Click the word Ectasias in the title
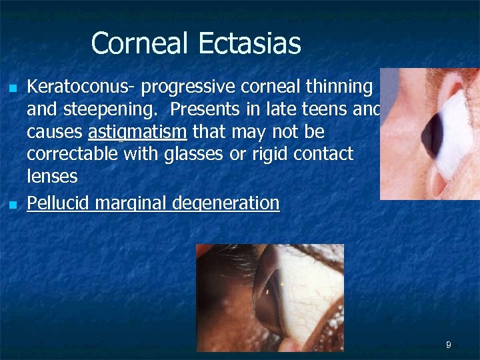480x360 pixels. point(249,44)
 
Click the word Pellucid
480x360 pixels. point(58,203)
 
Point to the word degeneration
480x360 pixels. point(226,203)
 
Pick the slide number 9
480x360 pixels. point(449,345)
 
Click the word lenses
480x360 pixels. point(52,177)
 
